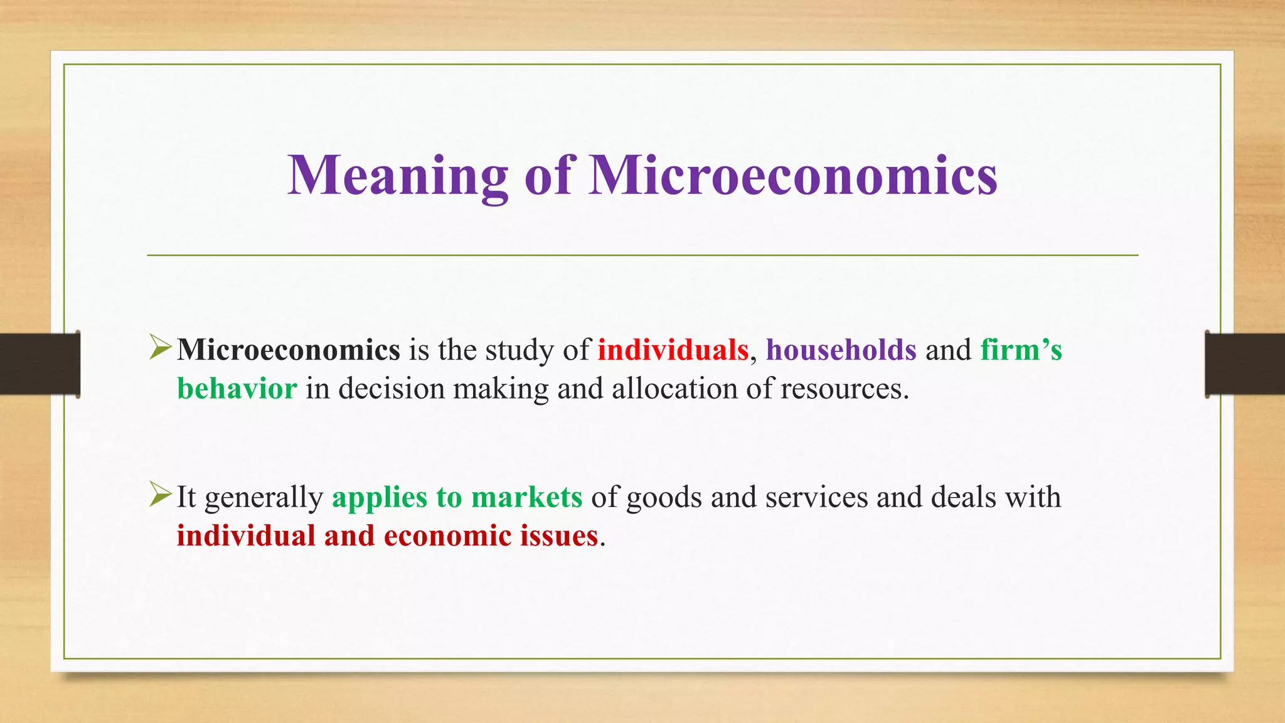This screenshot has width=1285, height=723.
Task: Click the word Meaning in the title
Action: tap(398, 176)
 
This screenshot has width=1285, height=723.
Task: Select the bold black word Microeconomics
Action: tap(289, 350)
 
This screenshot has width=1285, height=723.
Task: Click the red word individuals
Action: tap(673, 350)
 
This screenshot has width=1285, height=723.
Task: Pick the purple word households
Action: tap(841, 350)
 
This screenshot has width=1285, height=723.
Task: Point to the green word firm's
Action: tap(1021, 350)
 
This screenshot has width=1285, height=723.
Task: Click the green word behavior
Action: tap(237, 388)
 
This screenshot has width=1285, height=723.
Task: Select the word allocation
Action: tap(674, 388)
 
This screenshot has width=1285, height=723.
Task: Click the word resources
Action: tap(844, 388)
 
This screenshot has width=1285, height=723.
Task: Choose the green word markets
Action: tap(526, 497)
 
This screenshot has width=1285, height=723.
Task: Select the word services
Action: tap(816, 497)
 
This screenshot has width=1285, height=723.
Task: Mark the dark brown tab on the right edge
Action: tap(1245, 364)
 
